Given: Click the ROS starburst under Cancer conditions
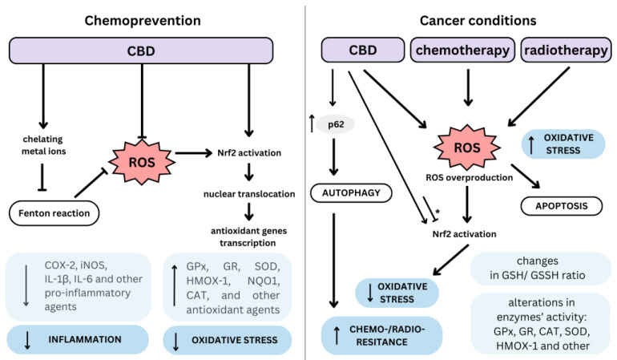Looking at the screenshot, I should pyautogui.click(x=468, y=149).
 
